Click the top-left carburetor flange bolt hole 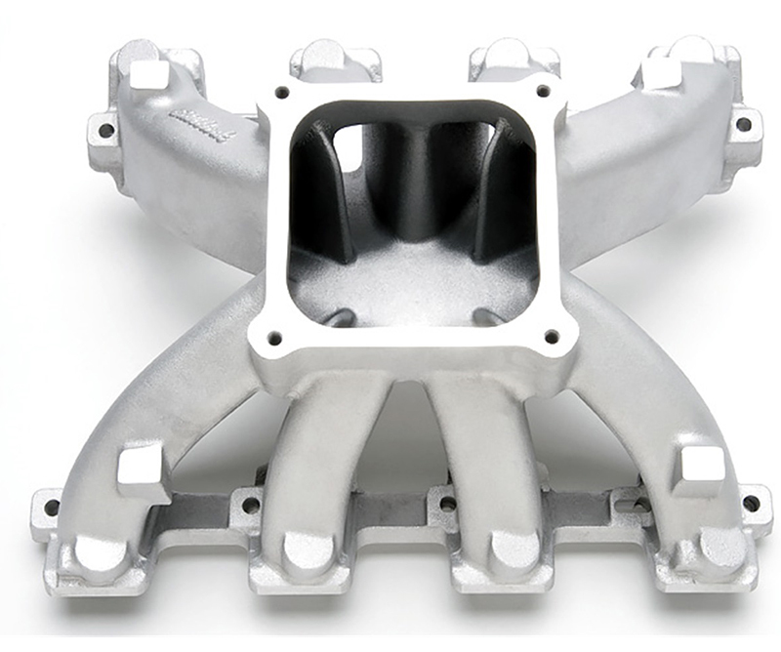coord(282,94)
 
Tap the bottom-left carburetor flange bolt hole coord(274,338)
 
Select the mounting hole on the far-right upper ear coord(743,124)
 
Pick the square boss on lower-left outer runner coord(144,467)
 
